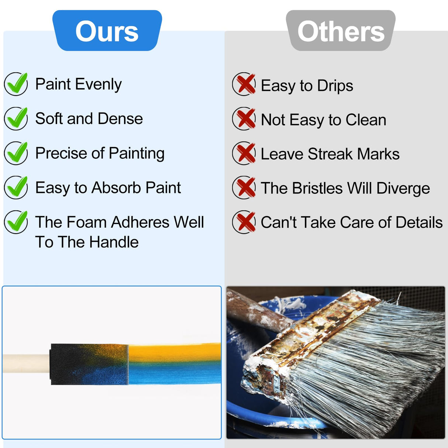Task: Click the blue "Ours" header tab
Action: pyautogui.click(x=107, y=31)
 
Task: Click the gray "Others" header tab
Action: pyautogui.click(x=341, y=31)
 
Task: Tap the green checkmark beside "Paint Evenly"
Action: pyautogui.click(x=16, y=84)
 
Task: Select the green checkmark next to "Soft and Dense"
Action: pyautogui.click(x=16, y=118)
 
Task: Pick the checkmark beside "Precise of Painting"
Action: pyautogui.click(x=16, y=153)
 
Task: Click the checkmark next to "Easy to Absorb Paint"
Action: pyautogui.click(x=16, y=187)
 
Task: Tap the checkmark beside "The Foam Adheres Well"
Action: pyautogui.click(x=16, y=221)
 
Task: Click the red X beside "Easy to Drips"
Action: pyautogui.click(x=244, y=84)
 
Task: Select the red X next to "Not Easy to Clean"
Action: pyautogui.click(x=244, y=119)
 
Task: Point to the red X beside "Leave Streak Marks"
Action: pyautogui.click(x=244, y=153)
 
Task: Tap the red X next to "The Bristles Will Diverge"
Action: pyautogui.click(x=244, y=187)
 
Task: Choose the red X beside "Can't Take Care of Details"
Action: pyautogui.click(x=244, y=222)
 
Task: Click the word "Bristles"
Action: pyautogui.click(x=317, y=188)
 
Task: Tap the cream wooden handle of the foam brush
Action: pyautogui.click(x=26, y=363)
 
